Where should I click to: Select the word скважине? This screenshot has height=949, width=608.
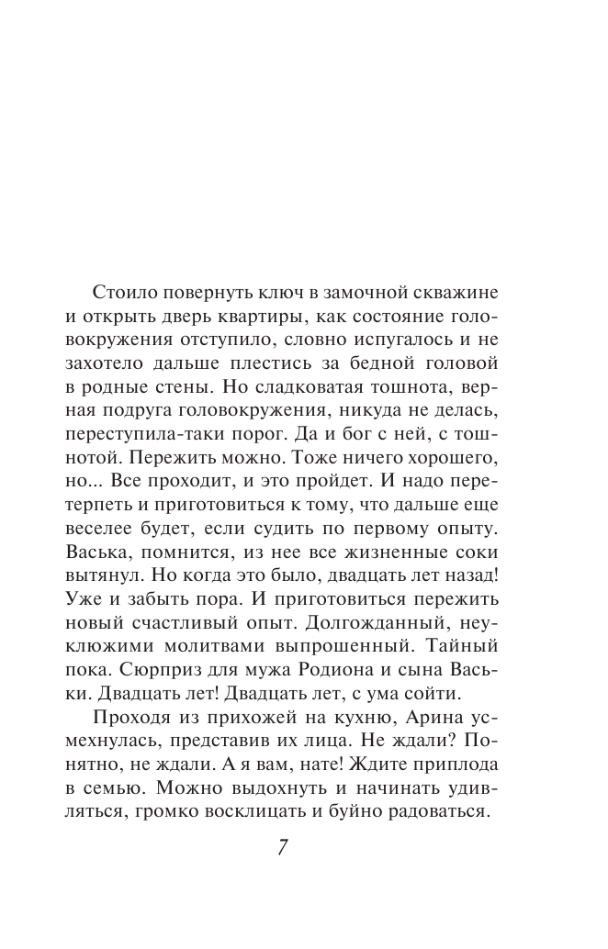point(457,293)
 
